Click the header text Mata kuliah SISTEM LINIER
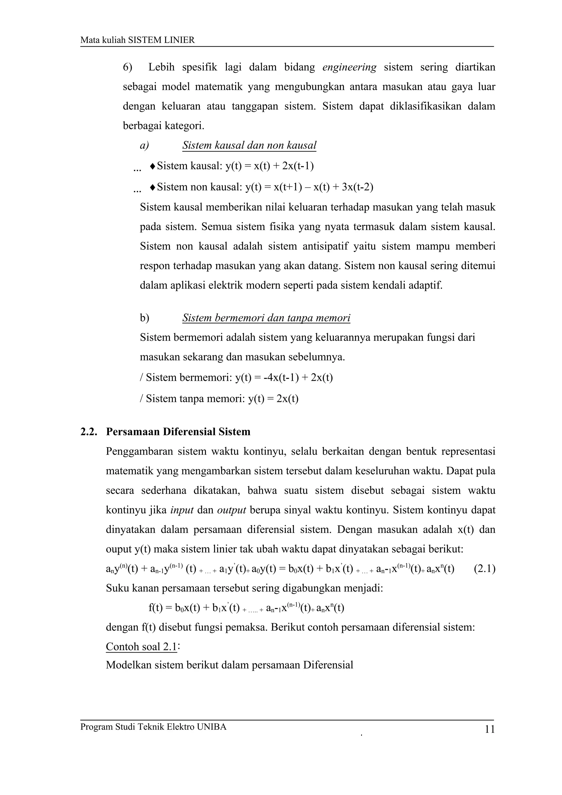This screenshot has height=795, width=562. click(137, 40)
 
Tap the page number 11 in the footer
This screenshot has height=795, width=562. click(490, 729)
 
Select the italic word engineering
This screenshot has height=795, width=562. click(349, 67)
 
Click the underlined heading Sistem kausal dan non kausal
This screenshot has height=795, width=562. click(249, 145)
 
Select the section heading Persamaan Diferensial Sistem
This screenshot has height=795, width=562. click(178, 432)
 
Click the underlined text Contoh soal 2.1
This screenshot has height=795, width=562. click(141, 647)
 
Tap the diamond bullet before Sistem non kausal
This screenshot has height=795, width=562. click(152, 187)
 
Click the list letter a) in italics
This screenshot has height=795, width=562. click(144, 145)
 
